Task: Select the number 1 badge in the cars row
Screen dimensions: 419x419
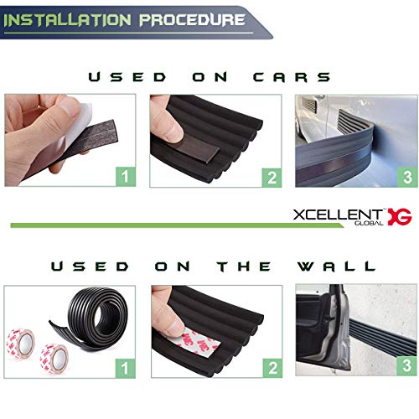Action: [124, 177]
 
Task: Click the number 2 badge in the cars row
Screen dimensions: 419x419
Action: [270, 177]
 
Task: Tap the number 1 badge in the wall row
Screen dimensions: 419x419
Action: [124, 365]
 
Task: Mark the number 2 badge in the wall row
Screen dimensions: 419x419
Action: [270, 365]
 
